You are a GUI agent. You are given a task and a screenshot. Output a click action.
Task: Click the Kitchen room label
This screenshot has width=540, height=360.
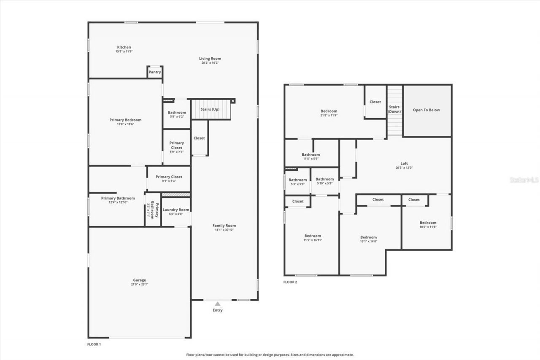124,47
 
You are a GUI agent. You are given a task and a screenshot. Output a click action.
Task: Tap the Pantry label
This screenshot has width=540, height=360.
155,72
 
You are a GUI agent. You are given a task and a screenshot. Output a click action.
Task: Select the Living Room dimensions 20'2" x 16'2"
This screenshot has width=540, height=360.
210,63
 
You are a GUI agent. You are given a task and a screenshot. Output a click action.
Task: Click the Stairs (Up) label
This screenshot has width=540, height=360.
210,109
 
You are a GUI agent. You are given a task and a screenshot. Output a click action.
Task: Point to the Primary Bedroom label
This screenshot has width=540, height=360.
125,120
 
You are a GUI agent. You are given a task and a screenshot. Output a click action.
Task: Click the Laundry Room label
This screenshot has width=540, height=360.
176,210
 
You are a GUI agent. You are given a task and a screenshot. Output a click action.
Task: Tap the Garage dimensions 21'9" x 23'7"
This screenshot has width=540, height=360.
140,284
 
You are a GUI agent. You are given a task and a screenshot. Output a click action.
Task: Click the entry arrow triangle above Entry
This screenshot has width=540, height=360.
217,303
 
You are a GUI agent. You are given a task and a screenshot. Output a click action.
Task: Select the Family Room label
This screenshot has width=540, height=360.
224,225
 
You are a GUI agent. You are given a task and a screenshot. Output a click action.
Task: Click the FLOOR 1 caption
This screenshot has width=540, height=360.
94,344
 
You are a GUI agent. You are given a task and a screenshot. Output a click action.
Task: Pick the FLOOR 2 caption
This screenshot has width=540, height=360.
290,282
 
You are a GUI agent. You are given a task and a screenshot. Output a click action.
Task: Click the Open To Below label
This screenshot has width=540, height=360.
426,110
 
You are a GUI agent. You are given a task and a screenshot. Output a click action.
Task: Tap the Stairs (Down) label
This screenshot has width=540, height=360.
394,109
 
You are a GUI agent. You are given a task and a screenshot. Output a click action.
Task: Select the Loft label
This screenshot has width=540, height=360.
404,163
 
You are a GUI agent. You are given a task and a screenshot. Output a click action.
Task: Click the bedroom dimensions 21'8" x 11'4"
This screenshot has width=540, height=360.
329,115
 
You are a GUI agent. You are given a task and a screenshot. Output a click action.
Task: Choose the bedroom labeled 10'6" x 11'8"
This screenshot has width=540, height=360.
428,225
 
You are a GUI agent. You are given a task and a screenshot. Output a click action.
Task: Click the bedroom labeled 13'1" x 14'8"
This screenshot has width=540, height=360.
368,239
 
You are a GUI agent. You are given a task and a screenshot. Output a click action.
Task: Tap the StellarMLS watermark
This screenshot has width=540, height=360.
524,180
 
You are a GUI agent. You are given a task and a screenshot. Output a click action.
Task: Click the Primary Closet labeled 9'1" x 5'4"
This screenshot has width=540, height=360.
169,179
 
